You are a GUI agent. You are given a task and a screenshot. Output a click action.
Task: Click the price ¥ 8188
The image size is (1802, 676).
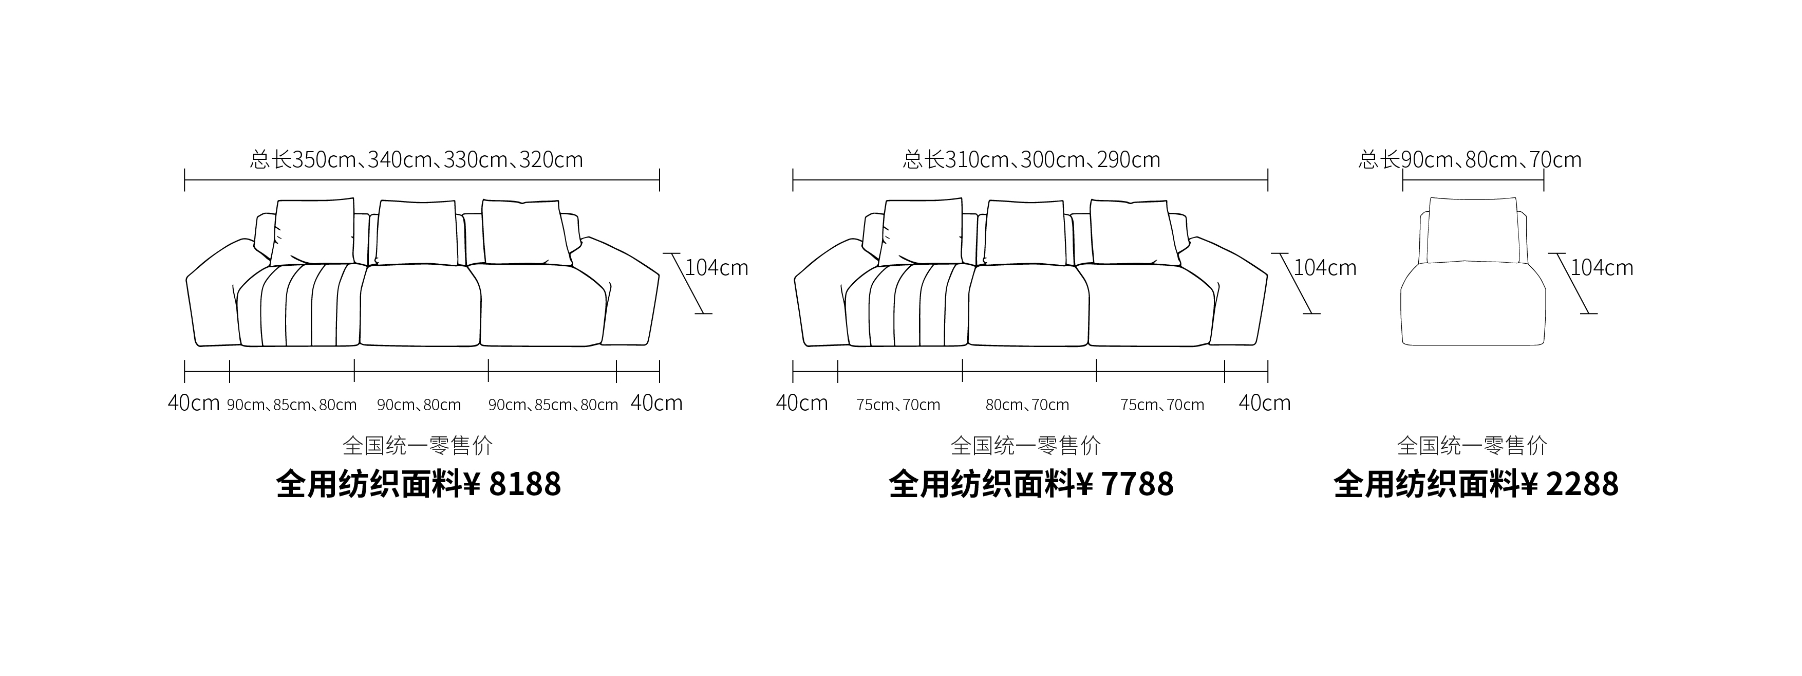512,484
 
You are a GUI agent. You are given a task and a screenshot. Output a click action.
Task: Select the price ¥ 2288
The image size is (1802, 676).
1570,484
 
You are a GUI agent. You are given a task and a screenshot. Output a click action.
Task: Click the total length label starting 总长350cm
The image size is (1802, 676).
416,159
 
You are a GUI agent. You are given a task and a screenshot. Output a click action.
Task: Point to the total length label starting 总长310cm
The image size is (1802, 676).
1031,159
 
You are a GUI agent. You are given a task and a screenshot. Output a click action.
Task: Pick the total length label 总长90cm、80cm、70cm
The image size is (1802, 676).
1470,159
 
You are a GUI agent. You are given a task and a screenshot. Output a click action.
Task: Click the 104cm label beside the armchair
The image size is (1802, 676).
1602,267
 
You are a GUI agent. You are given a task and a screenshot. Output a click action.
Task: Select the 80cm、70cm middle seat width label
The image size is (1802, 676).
1027,405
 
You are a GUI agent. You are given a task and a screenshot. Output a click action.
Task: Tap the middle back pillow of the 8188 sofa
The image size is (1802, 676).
417,233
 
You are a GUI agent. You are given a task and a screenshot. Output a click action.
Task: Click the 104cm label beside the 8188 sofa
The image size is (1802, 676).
716,267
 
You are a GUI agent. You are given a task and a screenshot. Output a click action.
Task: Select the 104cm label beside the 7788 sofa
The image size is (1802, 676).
1325,267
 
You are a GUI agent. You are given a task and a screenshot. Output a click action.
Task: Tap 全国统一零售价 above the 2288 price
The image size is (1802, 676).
1473,445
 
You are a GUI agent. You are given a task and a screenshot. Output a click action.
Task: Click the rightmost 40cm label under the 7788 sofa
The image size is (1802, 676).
1265,403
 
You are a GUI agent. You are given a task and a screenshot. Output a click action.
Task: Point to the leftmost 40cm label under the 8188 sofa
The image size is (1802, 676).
194,403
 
